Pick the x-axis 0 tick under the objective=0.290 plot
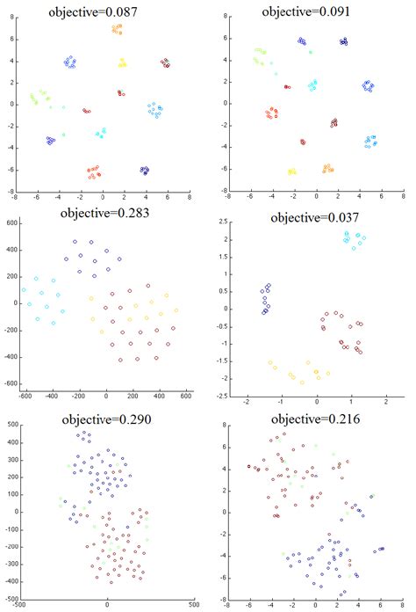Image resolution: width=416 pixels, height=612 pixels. (107, 606)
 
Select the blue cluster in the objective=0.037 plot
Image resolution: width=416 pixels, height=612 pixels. (265, 299)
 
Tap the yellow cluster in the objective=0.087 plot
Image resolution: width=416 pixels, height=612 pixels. (122, 62)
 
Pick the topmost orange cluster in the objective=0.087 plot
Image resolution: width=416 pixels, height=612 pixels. (117, 29)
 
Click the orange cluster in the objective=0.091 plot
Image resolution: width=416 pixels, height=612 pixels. (326, 167)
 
